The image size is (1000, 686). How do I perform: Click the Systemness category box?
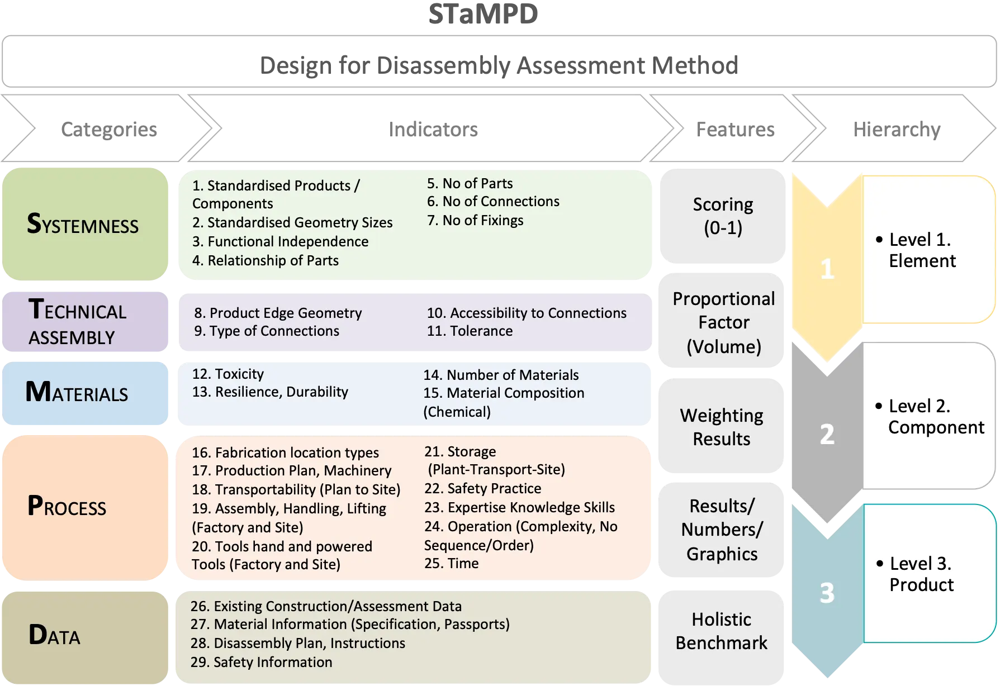pyautogui.click(x=86, y=224)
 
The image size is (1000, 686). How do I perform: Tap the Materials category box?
pyautogui.click(x=86, y=393)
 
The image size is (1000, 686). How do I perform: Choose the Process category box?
pyautogui.click(x=86, y=507)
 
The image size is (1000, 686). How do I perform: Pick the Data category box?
pyautogui.click(x=86, y=636)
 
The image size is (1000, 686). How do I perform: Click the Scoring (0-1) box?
pyautogui.click(x=722, y=216)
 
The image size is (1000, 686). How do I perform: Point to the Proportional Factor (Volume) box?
pyautogui.click(x=723, y=322)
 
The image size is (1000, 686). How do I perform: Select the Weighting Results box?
pyautogui.click(x=722, y=427)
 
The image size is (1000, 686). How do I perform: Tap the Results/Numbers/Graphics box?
pyautogui.click(x=722, y=530)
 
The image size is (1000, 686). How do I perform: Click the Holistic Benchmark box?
pyautogui.click(x=721, y=631)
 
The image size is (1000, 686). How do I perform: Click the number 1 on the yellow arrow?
pyautogui.click(x=827, y=270)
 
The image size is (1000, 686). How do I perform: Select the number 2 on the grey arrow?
pyautogui.click(x=827, y=434)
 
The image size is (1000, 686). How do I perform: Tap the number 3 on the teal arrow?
pyautogui.click(x=827, y=593)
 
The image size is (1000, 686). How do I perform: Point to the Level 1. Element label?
pyautogui.click(x=922, y=250)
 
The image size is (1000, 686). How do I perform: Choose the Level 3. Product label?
pyautogui.click(x=921, y=574)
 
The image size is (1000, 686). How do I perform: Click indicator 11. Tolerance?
pyautogui.click(x=470, y=331)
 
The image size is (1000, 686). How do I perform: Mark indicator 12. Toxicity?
pyautogui.click(x=228, y=374)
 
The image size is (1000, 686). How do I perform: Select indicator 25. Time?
pyautogui.click(x=451, y=563)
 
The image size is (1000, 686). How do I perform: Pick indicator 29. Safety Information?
pyautogui.click(x=261, y=662)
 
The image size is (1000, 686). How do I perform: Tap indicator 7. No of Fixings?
pyautogui.click(x=475, y=220)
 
